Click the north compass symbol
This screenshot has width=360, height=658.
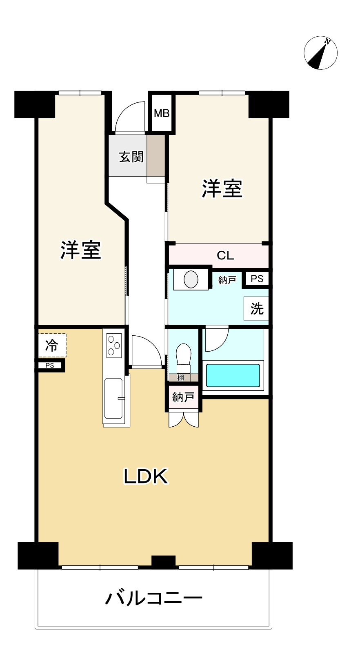pyautogui.click(x=320, y=53)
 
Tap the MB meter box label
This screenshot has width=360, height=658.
pyautogui.click(x=162, y=113)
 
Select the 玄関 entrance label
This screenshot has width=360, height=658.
pyautogui.click(x=131, y=157)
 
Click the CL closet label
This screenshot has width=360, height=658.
pyautogui.click(x=225, y=255)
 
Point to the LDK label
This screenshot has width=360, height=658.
pyautogui.click(x=146, y=476)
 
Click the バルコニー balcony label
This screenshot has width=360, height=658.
pyautogui.click(x=154, y=598)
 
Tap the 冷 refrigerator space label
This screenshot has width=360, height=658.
pyautogui.click(x=51, y=346)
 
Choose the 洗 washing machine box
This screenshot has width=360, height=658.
pyautogui.click(x=257, y=309)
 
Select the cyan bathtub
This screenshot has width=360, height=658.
pyautogui.click(x=233, y=375)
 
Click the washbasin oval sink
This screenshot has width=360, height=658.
pyautogui.click(x=191, y=279)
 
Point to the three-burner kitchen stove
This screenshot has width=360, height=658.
pyautogui.click(x=114, y=345)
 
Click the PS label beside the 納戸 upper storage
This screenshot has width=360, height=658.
pyautogui.click(x=257, y=279)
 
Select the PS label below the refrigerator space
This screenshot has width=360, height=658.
pyautogui.click(x=50, y=366)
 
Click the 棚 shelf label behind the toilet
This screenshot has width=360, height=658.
pyautogui.click(x=180, y=378)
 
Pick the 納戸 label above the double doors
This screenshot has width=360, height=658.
pyautogui.click(x=183, y=397)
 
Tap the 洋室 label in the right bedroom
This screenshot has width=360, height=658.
pyautogui.click(x=222, y=188)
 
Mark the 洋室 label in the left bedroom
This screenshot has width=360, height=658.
pyautogui.click(x=81, y=250)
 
